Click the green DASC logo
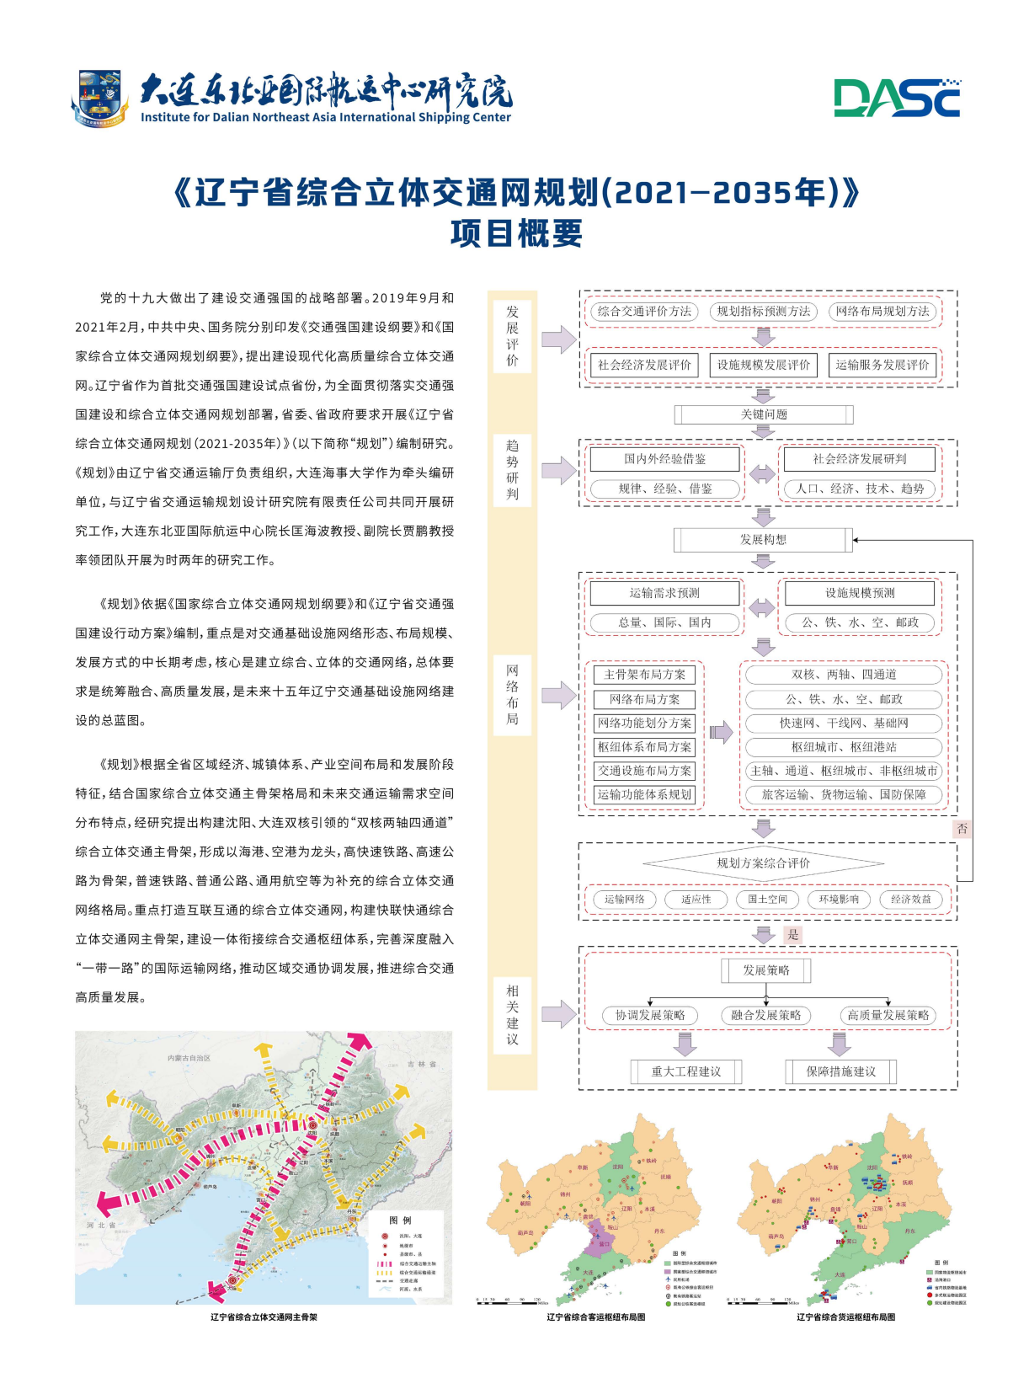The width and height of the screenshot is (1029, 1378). pyautogui.click(x=897, y=98)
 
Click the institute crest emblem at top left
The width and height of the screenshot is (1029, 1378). pyautogui.click(x=99, y=98)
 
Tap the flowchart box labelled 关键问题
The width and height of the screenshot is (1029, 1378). pyautogui.click(x=763, y=414)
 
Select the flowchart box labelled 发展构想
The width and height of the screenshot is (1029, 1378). pyautogui.click(x=763, y=539)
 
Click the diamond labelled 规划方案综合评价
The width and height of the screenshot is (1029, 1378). pyautogui.click(x=763, y=863)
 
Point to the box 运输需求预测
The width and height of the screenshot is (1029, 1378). pyautogui.click(x=664, y=593)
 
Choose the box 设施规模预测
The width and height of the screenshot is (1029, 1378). pyautogui.click(x=860, y=593)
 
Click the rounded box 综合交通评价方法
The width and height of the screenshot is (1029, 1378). pyautogui.click(x=644, y=312)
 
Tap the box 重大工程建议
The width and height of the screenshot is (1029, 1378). pyautogui.click(x=686, y=1071)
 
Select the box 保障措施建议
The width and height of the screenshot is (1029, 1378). pyautogui.click(x=840, y=1071)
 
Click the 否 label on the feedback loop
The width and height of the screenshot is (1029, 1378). pyautogui.click(x=962, y=829)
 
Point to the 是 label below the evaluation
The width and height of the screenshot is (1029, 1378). pyautogui.click(x=792, y=935)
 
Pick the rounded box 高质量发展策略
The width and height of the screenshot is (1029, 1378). pyautogui.click(x=888, y=1016)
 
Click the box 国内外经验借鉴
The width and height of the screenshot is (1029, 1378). pyautogui.click(x=664, y=459)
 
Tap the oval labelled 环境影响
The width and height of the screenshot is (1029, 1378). pyautogui.click(x=839, y=900)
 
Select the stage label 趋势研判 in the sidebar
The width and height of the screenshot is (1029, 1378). pyautogui.click(x=513, y=469)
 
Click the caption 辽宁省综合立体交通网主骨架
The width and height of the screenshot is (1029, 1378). pyautogui.click(x=264, y=1317)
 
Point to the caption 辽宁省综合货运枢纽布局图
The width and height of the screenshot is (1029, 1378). pyautogui.click(x=845, y=1317)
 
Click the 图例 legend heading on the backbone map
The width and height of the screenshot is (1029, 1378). pyautogui.click(x=400, y=1220)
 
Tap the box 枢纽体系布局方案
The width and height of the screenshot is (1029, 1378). pyautogui.click(x=644, y=747)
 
